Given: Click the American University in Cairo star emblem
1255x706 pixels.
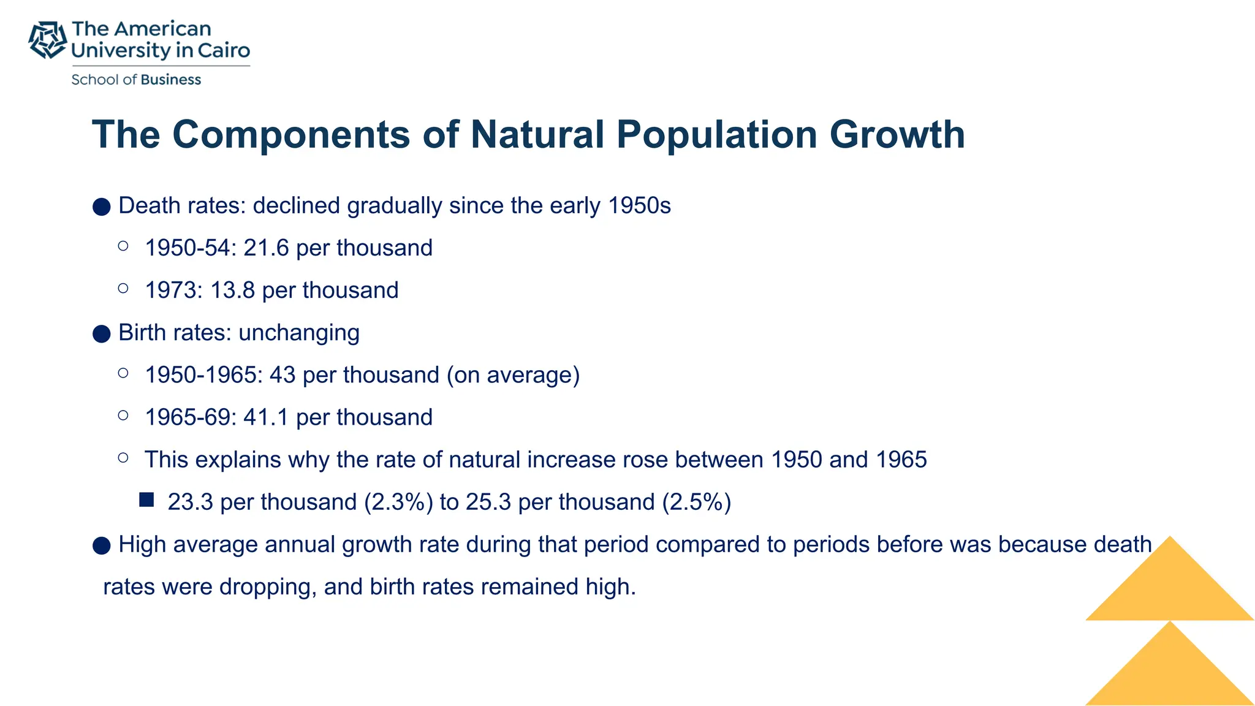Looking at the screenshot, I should point(47,40).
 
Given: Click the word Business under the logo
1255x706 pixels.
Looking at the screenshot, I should point(170,80).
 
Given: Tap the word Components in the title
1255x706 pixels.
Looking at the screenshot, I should point(290,134).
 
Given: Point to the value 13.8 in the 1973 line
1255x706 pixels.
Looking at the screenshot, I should point(232,290).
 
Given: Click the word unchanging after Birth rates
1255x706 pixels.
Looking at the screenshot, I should point(298,333).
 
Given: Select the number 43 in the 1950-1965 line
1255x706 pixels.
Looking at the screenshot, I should point(282,375).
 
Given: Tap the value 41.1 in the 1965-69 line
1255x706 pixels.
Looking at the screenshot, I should point(266,417).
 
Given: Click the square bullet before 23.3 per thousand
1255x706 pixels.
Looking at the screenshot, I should point(146,500).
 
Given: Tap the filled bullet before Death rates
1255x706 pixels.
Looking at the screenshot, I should point(102,207).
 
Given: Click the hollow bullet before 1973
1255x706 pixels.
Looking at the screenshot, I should point(123,288).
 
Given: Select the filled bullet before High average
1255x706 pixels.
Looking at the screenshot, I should point(102,545).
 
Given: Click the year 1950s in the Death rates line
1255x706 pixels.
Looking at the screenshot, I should point(639,206).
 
